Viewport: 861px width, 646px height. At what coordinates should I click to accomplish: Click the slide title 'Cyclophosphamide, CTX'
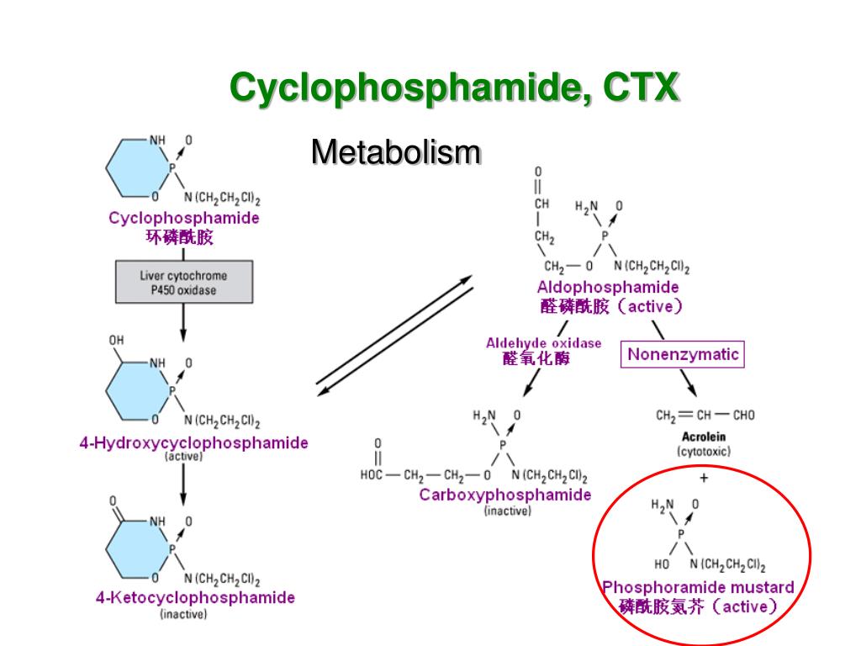coord(454,88)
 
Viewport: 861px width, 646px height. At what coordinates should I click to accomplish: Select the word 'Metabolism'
coord(395,153)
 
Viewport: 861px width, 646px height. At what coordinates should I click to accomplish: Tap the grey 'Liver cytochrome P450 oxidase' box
coord(183,283)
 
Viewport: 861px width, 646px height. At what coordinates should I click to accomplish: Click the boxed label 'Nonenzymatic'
coord(683,354)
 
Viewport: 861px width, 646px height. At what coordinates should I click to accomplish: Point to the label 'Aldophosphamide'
coord(608,288)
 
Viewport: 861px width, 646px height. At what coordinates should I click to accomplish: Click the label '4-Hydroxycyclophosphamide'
coord(193,442)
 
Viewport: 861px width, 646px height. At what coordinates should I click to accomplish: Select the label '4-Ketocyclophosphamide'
coord(195,598)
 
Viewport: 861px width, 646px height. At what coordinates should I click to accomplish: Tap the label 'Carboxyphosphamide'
coord(505,495)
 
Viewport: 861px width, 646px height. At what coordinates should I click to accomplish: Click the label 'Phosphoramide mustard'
coord(698,587)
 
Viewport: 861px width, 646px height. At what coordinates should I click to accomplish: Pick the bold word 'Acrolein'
coord(704,437)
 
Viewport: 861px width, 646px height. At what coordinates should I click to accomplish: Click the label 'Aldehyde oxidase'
coord(543,343)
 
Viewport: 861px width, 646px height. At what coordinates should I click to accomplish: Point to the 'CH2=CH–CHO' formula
coord(705,415)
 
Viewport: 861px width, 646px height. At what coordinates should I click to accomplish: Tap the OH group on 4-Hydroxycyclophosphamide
coord(116,341)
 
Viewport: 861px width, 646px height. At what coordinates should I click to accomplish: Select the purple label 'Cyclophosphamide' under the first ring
coord(184,218)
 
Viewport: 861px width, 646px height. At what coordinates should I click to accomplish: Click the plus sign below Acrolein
coord(704,478)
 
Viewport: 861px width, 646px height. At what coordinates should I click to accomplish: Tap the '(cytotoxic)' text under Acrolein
coord(704,452)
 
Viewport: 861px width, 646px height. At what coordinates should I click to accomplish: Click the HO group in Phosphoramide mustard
coord(662,564)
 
